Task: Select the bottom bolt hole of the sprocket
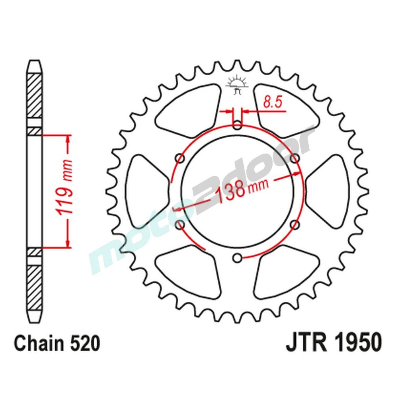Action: tap(238, 258)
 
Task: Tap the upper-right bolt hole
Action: tap(295, 159)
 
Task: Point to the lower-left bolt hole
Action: tap(180, 225)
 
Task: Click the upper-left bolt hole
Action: tap(180, 159)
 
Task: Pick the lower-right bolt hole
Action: tap(295, 225)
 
